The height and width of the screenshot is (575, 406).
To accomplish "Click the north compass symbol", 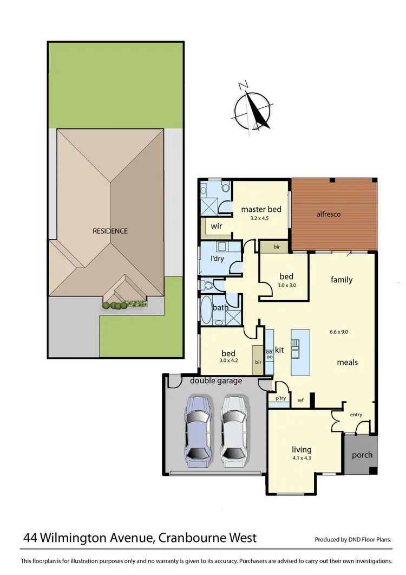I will [x=253, y=107].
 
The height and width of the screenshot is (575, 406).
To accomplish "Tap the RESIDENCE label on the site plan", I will [x=110, y=231].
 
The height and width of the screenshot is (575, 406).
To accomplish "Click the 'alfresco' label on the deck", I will [x=328, y=214].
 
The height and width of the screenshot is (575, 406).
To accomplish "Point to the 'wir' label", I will [x=216, y=225].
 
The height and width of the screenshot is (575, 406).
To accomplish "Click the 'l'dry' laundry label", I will [x=217, y=259].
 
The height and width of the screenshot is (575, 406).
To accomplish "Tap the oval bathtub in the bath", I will [x=207, y=310].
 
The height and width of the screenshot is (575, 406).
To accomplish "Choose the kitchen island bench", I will [x=299, y=352].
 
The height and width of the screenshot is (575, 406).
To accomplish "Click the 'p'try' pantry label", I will [x=280, y=398].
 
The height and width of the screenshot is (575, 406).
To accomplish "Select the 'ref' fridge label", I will [x=300, y=401].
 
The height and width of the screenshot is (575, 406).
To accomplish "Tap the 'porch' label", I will [x=362, y=455].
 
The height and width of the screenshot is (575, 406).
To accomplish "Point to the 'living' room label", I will [x=302, y=449].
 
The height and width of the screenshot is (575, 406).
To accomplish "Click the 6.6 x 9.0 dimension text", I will [x=339, y=331].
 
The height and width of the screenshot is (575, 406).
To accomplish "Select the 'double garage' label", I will [x=215, y=381].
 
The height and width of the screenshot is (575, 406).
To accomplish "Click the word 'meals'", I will [x=347, y=362].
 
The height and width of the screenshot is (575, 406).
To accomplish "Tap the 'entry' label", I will [x=356, y=415].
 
